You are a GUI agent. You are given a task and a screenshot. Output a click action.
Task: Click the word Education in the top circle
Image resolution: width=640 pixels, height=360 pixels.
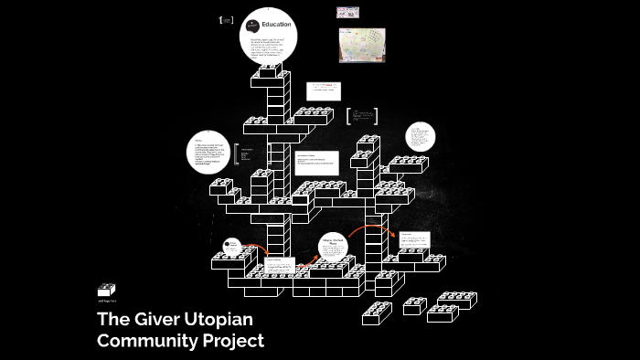(x=276, y=25)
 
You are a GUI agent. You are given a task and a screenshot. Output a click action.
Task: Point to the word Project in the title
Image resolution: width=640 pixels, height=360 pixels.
(x=235, y=341)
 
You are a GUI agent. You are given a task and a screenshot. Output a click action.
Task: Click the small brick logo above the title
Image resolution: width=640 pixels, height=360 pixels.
(x=107, y=290)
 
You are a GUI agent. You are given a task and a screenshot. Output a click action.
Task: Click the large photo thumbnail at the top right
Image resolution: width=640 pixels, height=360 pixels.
(x=362, y=45)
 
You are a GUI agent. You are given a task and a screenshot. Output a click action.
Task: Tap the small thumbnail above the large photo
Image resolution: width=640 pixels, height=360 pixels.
(x=347, y=13)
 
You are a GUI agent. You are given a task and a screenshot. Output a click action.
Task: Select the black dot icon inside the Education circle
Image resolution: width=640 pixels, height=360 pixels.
(x=252, y=25)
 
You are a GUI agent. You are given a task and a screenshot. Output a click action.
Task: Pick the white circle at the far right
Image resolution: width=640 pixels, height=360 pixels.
(x=421, y=138)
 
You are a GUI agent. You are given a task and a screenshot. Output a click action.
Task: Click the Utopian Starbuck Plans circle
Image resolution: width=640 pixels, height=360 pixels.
(x=333, y=246)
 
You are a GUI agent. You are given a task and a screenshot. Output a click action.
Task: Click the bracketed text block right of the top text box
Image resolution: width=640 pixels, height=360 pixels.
(x=362, y=117)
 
